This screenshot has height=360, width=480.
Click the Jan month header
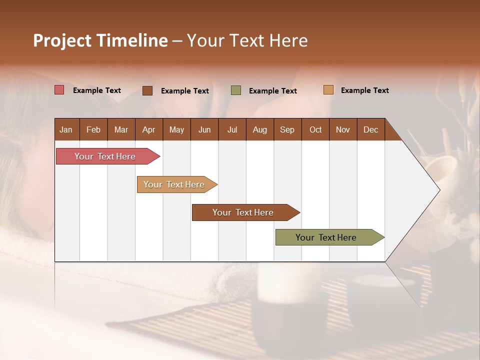66,129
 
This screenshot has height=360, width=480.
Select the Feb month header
93,129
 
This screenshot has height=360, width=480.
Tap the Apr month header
148,129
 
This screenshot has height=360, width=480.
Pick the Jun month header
204,129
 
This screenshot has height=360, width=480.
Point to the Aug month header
259,129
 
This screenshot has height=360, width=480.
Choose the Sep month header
287,129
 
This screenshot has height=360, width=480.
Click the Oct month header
315,129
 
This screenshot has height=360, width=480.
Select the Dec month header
370,129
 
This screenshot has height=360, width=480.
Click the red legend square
59,90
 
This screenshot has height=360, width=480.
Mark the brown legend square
147,90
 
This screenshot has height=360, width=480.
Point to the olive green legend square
236,90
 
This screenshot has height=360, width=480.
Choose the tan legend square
328,90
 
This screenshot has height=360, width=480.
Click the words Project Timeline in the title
100,40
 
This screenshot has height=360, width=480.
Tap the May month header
176,129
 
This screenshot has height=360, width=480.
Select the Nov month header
342,129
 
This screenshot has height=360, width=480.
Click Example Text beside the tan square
364,90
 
